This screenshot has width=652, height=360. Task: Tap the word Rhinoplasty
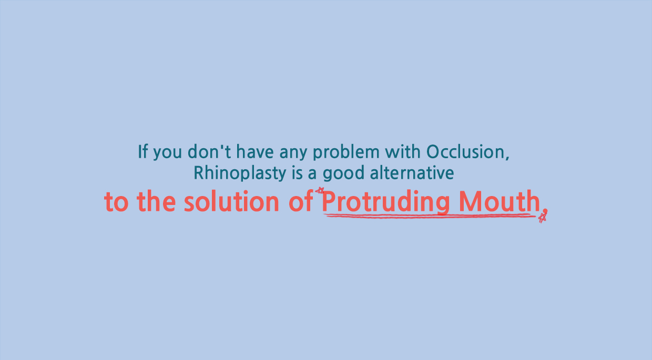[x=240, y=173]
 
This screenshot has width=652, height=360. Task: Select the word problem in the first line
[x=347, y=152]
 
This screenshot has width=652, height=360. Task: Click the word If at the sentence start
[x=143, y=151]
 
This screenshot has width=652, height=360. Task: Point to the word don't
[x=209, y=151]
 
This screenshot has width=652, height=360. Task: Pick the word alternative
[x=412, y=173]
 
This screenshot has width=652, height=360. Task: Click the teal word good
[x=343, y=173]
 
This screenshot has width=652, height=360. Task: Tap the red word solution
[x=232, y=201]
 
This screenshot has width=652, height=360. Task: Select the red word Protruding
[x=385, y=202]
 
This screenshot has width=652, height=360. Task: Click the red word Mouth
[x=500, y=201]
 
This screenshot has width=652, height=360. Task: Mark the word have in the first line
[x=255, y=151]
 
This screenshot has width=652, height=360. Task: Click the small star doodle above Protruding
[x=320, y=190]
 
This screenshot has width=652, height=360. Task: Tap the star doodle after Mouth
[x=543, y=216]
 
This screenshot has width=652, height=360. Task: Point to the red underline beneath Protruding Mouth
[x=430, y=215]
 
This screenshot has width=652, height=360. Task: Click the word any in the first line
[x=293, y=152]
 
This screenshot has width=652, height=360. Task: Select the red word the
[x=156, y=201]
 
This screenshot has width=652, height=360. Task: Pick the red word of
[x=301, y=201]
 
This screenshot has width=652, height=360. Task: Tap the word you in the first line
[x=167, y=152]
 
